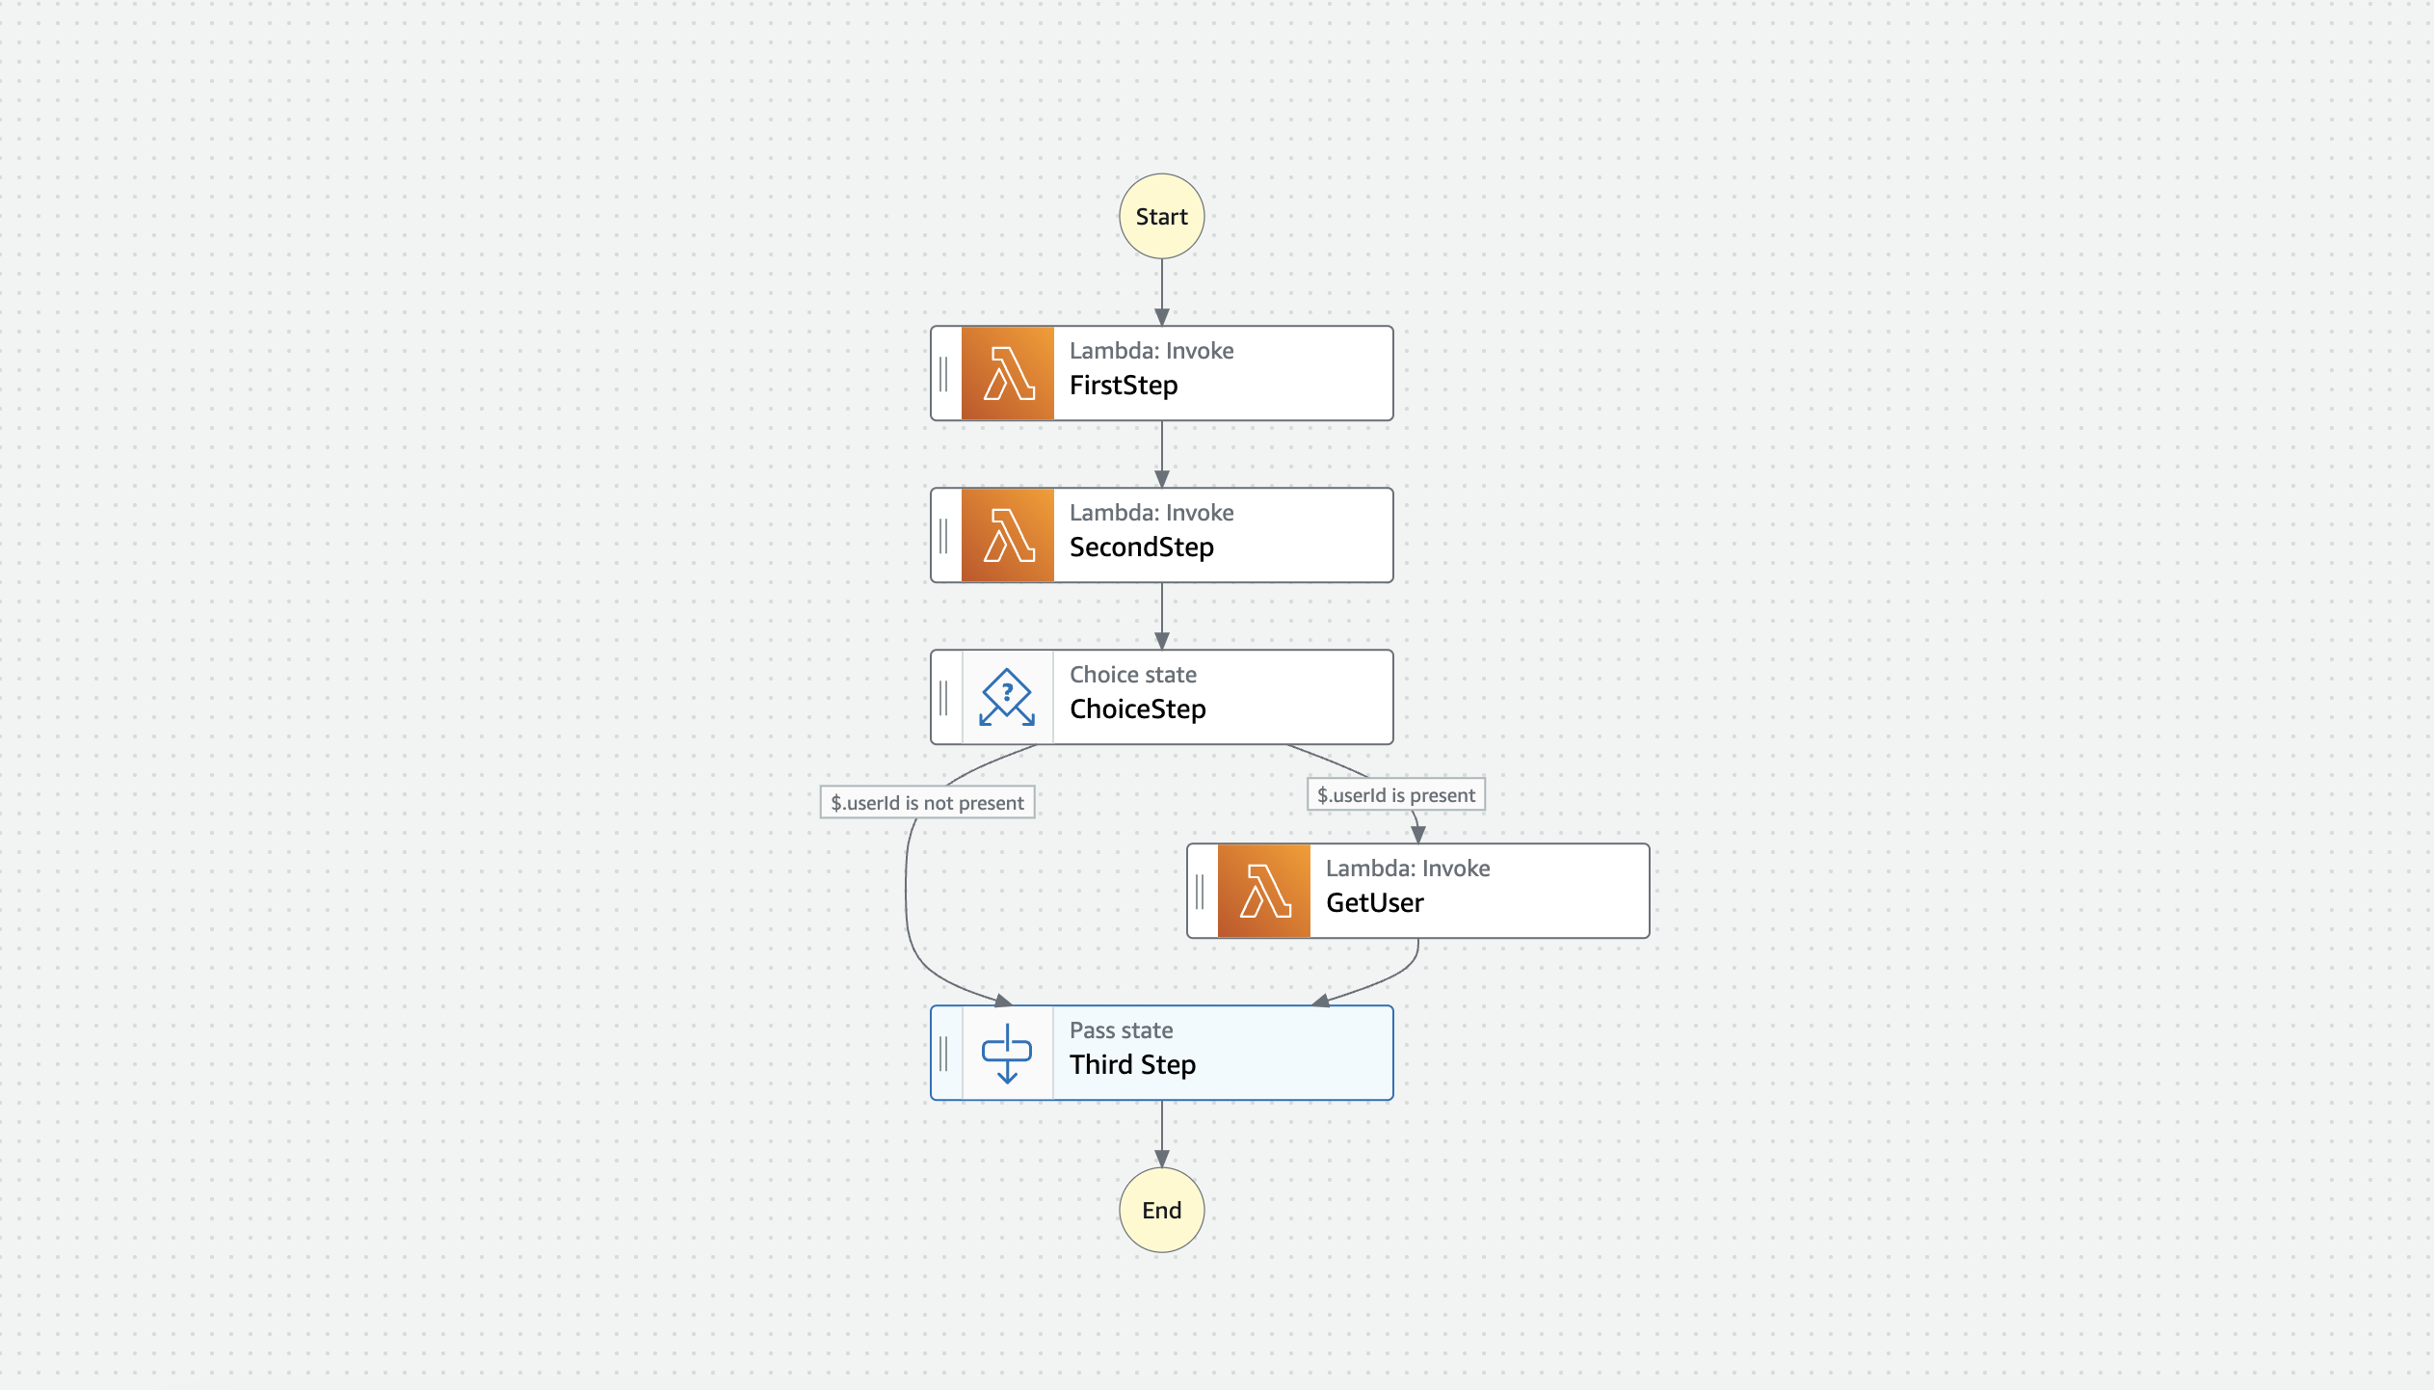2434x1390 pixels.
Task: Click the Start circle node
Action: [x=1161, y=217]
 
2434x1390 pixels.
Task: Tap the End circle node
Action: [x=1161, y=1211]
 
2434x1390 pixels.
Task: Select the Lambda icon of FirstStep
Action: [x=1008, y=374]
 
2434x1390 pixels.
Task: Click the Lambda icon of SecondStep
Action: [x=1008, y=536]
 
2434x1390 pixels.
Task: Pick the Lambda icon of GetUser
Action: [x=1264, y=892]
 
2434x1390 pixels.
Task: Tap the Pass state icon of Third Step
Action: [x=1007, y=1054]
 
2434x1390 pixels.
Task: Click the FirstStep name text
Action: [x=1124, y=386]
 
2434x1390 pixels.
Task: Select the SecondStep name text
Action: [x=1142, y=548]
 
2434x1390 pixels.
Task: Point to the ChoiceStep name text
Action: [x=1138, y=709]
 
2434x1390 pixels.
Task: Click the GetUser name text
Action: [x=1375, y=903]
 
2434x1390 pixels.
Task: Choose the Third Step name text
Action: [x=1133, y=1065]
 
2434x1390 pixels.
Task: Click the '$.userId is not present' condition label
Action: [x=927, y=803]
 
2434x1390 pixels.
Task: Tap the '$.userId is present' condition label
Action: [x=1396, y=795]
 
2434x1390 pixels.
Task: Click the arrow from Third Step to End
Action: [x=1162, y=1134]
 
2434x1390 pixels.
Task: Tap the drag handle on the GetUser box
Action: [x=1200, y=892]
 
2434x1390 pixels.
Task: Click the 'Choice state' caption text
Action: [x=1133, y=675]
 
